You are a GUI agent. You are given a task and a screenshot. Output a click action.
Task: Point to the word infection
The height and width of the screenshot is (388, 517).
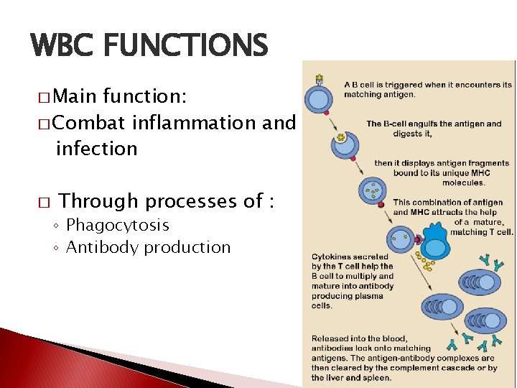96,149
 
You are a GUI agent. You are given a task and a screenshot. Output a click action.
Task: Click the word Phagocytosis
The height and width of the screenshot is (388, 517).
118,226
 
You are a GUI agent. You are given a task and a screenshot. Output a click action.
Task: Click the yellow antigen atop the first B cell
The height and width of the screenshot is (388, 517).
319,78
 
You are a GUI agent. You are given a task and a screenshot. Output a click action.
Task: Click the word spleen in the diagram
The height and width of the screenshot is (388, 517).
376,378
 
